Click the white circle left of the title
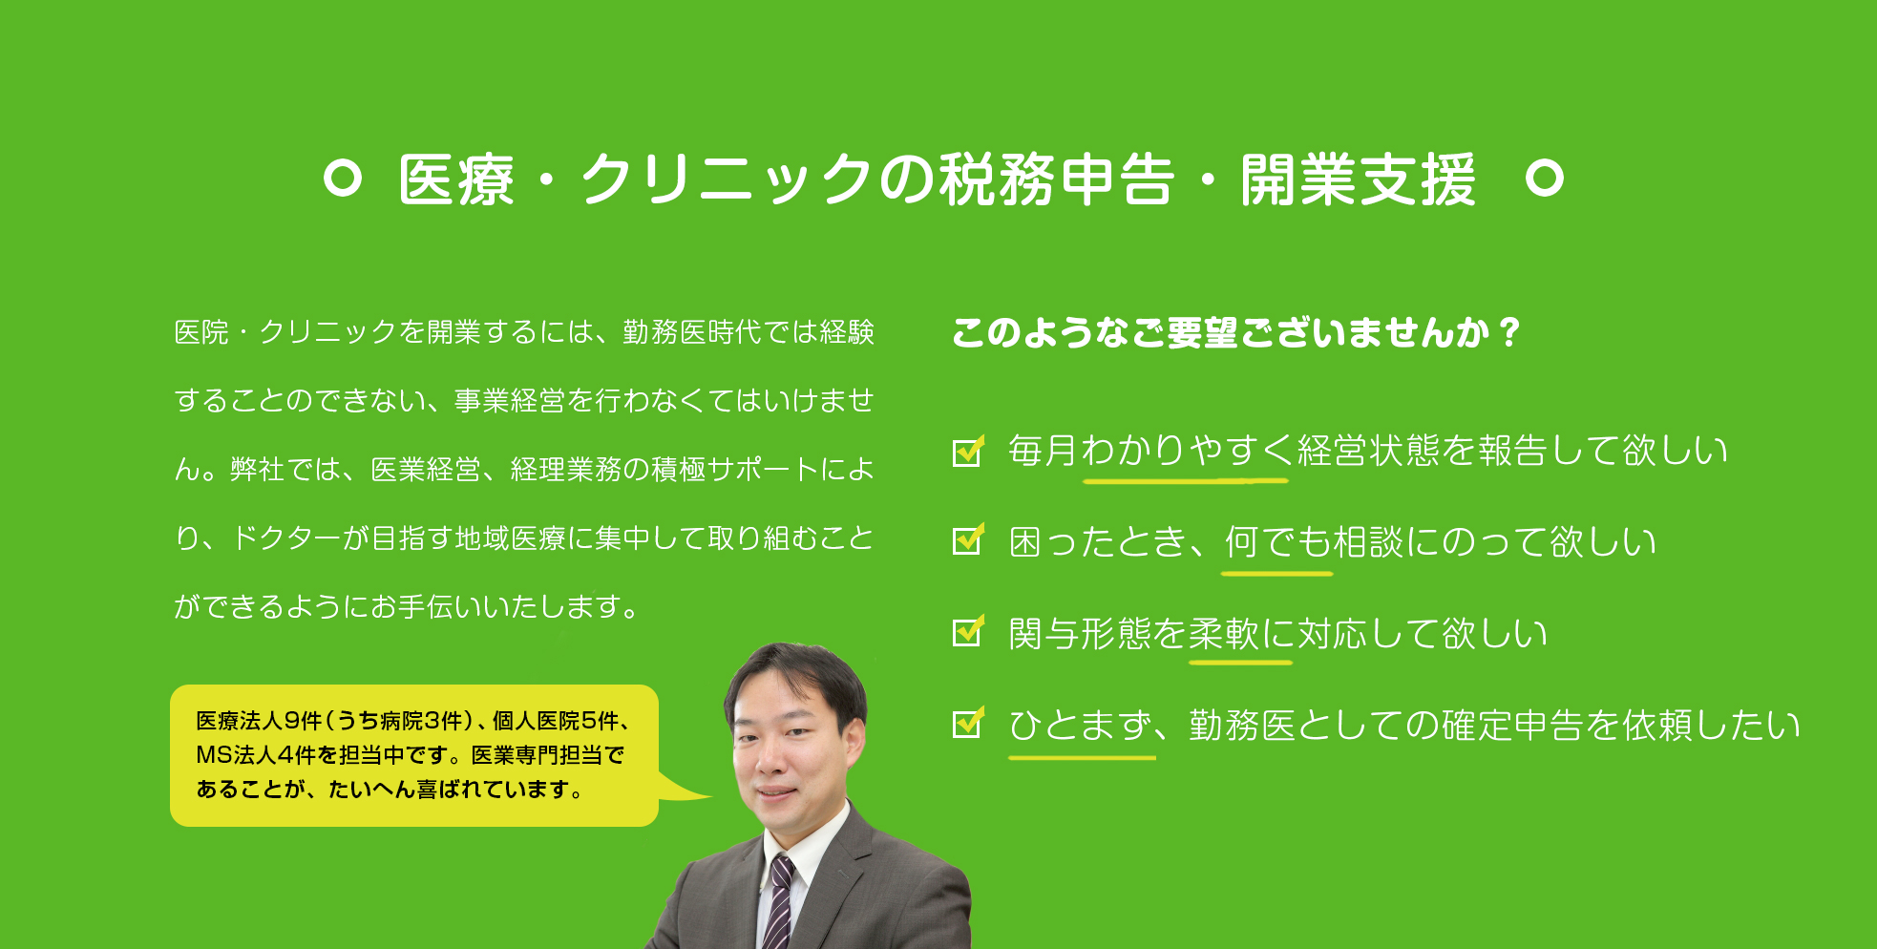click(x=343, y=179)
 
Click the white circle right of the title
click(x=1544, y=179)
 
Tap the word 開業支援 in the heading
click(x=1359, y=179)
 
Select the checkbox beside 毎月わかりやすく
click(x=968, y=451)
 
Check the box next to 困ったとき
click(x=968, y=540)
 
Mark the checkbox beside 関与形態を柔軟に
click(x=968, y=631)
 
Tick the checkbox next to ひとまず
click(x=968, y=723)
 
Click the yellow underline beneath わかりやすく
click(x=1186, y=480)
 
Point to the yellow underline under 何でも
click(x=1277, y=573)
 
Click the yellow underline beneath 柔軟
click(x=1240, y=662)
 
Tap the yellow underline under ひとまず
click(x=1082, y=757)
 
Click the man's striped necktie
click(x=779, y=902)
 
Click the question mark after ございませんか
click(x=1509, y=332)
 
